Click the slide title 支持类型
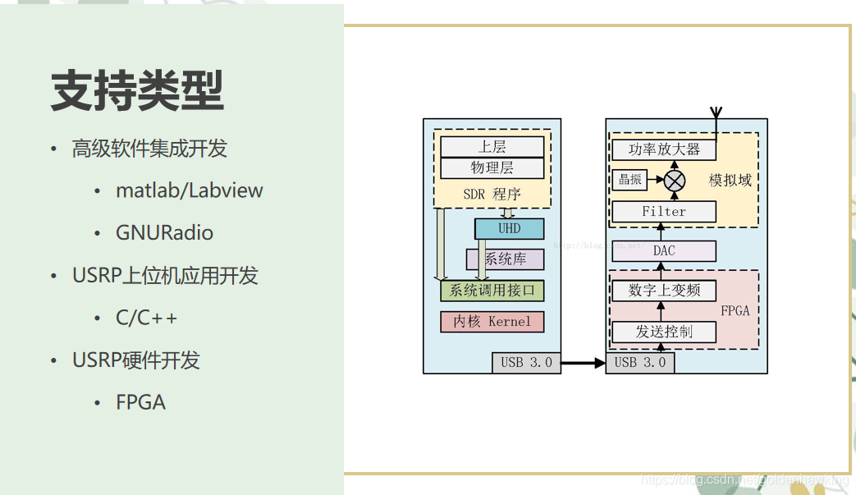click(x=137, y=90)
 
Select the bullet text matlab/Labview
click(x=190, y=190)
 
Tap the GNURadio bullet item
click(x=164, y=233)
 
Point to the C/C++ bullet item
click(x=146, y=318)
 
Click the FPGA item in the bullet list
click(x=140, y=402)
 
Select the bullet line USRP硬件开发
click(x=136, y=360)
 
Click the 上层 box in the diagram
click(x=492, y=147)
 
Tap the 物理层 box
click(x=492, y=167)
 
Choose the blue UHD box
click(x=509, y=228)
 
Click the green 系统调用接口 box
click(x=492, y=291)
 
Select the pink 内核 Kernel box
click(x=492, y=322)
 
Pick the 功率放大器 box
click(x=664, y=149)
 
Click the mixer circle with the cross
click(x=675, y=180)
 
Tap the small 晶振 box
click(x=629, y=180)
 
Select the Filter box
click(x=664, y=212)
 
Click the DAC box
click(x=664, y=250)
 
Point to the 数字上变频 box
click(x=664, y=291)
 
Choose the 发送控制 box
click(x=664, y=332)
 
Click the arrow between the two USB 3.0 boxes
click(x=583, y=362)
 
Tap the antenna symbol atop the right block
click(x=716, y=115)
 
